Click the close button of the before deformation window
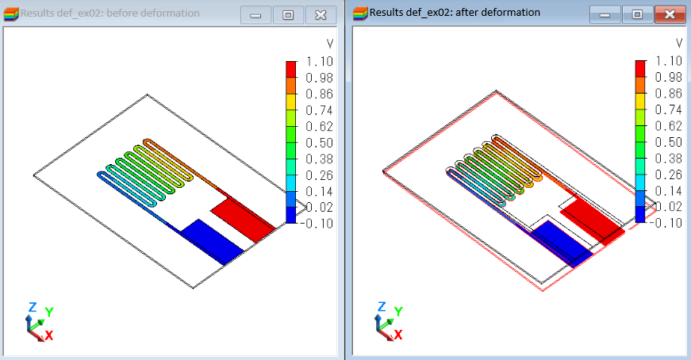click(x=321, y=15)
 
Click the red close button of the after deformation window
click(x=670, y=14)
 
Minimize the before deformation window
click(x=255, y=15)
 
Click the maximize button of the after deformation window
click(x=637, y=14)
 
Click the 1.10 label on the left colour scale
click(x=320, y=62)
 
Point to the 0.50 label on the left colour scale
click(x=320, y=143)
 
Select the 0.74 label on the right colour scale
click(x=669, y=109)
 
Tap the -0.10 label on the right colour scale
click(x=666, y=223)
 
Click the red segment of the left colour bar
click(x=291, y=70)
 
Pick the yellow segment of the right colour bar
click(x=640, y=101)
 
